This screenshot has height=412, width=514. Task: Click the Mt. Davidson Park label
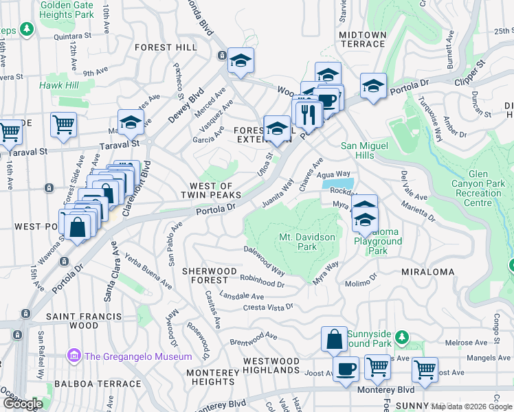(306, 242)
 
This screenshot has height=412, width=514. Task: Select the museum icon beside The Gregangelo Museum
(74, 356)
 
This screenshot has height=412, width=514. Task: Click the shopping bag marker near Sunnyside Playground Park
(333, 339)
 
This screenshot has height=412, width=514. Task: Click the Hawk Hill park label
(59, 85)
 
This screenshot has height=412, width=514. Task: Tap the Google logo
(23, 404)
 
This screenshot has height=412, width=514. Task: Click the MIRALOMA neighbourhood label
(424, 272)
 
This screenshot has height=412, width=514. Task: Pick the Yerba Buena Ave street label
(148, 271)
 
